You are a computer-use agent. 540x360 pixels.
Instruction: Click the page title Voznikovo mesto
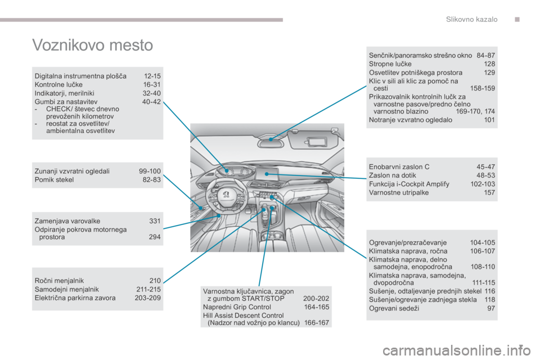pos(93,45)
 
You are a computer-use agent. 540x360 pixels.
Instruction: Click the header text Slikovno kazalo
pos(471,19)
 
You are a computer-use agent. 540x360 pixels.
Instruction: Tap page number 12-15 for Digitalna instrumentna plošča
pos(152,76)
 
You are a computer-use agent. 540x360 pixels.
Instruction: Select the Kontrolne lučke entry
pos(58,85)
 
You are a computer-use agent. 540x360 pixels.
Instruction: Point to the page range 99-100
pos(150,171)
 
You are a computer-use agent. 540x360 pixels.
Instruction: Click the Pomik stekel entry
pos(54,180)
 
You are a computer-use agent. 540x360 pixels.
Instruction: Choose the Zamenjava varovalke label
pos(67,221)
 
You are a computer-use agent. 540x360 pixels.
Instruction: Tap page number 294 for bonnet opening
pos(155,237)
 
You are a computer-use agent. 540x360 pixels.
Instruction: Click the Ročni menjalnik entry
pos(59,281)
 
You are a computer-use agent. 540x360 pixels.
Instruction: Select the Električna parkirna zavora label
pos(75,298)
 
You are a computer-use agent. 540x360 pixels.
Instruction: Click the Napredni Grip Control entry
pos(237,307)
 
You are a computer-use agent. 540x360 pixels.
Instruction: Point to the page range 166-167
pos(317,323)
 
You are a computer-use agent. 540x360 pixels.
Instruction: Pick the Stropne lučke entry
pos(390,64)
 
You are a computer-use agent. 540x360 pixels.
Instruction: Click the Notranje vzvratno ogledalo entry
pos(411,120)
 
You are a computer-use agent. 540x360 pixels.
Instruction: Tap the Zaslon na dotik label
pos(393,175)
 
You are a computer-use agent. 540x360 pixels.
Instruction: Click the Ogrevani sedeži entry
pos(394,309)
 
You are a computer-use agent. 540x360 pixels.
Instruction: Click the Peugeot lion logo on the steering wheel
pos(226,194)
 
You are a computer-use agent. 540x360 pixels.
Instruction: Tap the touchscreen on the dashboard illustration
pos(267,173)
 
